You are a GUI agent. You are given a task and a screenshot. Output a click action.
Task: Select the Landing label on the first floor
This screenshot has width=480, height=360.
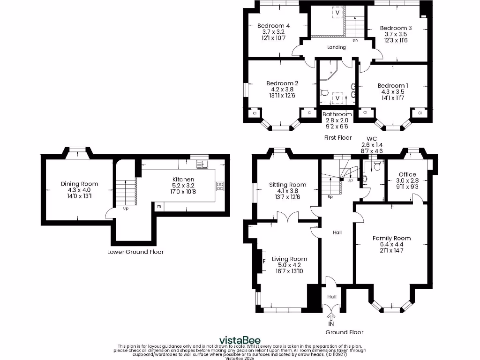coord(337,47)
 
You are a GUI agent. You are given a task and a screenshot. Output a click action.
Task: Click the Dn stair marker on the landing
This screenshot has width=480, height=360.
coord(355,40)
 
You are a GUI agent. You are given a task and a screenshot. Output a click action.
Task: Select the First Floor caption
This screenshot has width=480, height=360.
coord(337,138)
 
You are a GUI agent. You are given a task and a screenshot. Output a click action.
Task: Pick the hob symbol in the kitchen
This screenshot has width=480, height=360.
coord(220,186)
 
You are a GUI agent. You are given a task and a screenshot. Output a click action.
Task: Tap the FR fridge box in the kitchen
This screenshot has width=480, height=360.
coord(159,206)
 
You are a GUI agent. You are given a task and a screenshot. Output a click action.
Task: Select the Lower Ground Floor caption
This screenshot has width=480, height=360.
coord(135,252)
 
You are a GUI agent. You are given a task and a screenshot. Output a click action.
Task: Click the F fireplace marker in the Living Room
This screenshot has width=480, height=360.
coord(263,261)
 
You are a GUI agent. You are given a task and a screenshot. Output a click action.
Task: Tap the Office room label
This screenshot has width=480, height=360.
coord(407,174)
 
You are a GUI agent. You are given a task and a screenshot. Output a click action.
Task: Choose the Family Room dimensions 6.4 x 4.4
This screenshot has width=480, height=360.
coord(391,244)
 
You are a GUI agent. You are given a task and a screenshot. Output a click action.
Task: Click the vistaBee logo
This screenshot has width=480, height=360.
coord(240,340)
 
